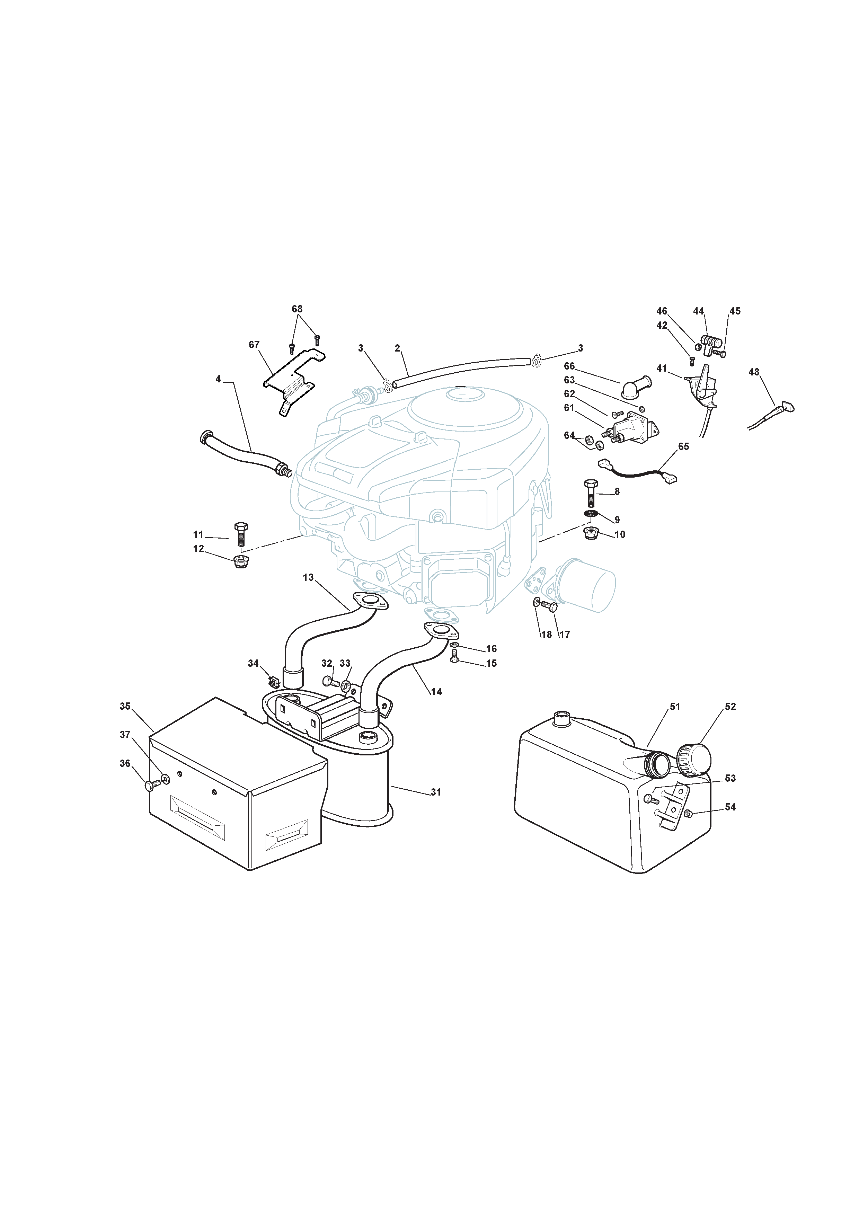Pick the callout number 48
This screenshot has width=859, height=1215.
[x=754, y=372]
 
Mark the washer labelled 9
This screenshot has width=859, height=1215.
[x=591, y=514]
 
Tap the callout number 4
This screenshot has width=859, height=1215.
[x=218, y=379]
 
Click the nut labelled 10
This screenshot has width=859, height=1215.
[x=591, y=533]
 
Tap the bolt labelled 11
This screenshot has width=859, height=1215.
[x=241, y=534]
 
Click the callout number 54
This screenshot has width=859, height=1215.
[x=730, y=807]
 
